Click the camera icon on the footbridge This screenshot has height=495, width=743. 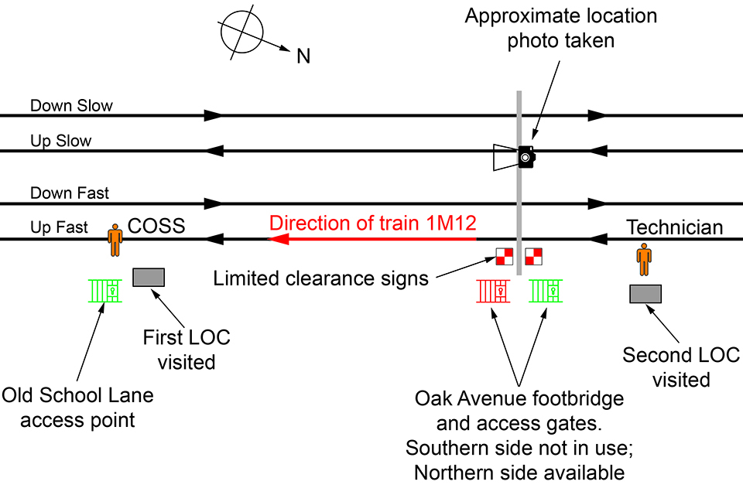(x=526, y=157)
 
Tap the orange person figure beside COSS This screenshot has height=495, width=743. (x=115, y=240)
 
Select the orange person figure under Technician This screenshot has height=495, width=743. (x=644, y=259)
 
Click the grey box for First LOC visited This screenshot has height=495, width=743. (x=148, y=277)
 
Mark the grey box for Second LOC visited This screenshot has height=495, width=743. (x=645, y=294)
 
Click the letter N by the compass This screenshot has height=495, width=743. (x=303, y=56)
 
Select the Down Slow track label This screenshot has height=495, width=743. (x=71, y=106)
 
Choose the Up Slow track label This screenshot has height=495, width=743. (x=60, y=142)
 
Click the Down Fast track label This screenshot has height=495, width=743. (x=70, y=193)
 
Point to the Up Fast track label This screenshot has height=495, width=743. (x=60, y=228)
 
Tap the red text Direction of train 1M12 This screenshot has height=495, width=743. (x=372, y=224)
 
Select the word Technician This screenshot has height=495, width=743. (x=675, y=227)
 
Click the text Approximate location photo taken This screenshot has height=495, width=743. (x=561, y=29)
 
